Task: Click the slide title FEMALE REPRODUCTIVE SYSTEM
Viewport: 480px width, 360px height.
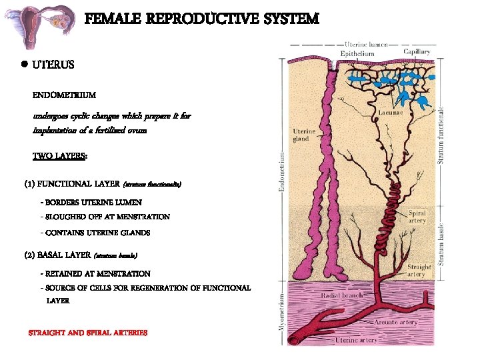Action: [x=201, y=19]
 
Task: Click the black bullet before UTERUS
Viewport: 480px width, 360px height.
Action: [x=23, y=65]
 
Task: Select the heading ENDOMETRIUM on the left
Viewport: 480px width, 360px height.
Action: [x=64, y=96]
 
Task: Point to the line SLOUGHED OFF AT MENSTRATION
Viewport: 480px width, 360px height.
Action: [x=105, y=217]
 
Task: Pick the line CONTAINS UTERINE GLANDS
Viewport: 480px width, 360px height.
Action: [x=95, y=233]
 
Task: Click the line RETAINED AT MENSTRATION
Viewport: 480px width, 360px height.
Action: [x=95, y=273]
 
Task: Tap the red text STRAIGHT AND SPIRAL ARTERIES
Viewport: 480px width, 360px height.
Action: [x=87, y=333]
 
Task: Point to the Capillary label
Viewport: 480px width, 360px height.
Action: [x=416, y=52]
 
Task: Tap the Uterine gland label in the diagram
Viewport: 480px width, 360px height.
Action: [x=304, y=135]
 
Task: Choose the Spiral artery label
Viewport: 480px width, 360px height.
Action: [x=417, y=217]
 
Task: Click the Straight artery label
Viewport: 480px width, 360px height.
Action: [x=419, y=270]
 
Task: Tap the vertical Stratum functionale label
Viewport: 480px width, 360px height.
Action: [x=440, y=135]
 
